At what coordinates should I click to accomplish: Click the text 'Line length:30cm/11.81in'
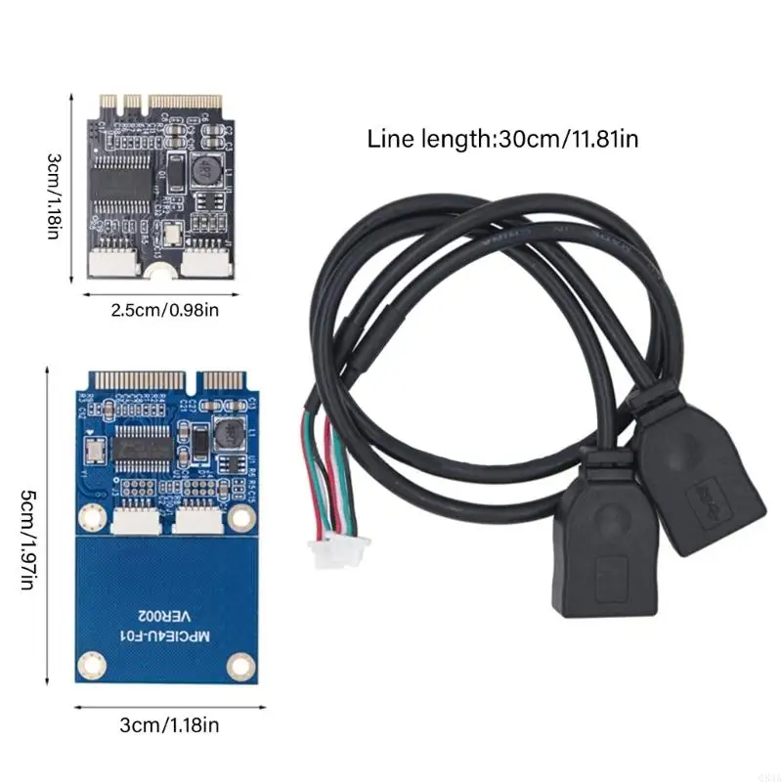502,139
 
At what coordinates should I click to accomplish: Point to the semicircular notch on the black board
161,270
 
